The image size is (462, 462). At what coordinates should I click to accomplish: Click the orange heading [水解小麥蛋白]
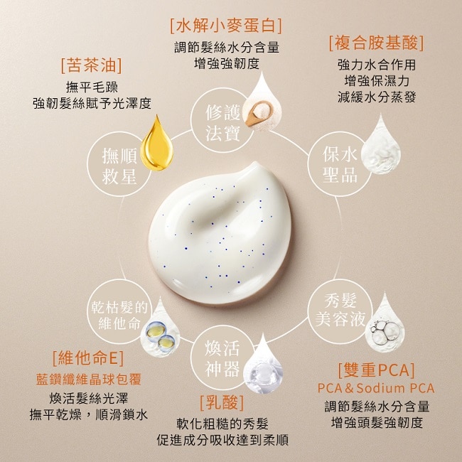pyautogui.click(x=226, y=26)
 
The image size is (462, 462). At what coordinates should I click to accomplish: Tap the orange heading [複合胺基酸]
pyautogui.click(x=376, y=43)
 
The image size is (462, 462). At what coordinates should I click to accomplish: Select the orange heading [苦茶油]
pyautogui.click(x=92, y=65)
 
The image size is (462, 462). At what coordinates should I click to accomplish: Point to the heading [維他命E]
pyautogui.click(x=88, y=358)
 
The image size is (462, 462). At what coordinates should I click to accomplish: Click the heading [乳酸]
pyautogui.click(x=222, y=402)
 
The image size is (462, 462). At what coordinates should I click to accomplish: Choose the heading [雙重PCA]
pyautogui.click(x=376, y=370)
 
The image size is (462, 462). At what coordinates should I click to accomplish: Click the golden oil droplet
pyautogui.click(x=156, y=144)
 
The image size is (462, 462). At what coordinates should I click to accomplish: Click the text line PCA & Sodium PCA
pyautogui.click(x=376, y=388)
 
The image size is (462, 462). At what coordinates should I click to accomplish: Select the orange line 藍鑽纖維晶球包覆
pyautogui.click(x=88, y=380)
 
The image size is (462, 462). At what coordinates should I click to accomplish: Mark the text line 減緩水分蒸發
pyautogui.click(x=376, y=97)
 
